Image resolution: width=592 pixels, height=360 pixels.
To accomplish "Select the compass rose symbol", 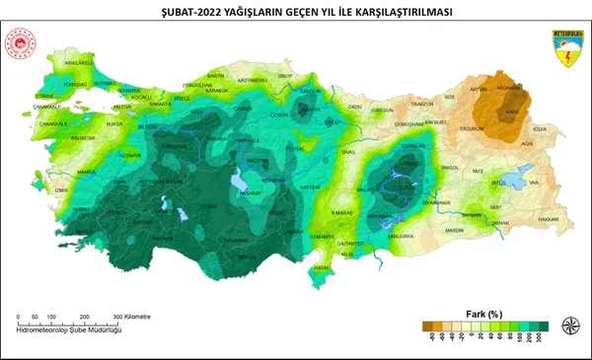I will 570,326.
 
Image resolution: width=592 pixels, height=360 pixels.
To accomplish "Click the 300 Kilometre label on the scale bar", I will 128,317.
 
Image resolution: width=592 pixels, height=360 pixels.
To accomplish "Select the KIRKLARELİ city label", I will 78,62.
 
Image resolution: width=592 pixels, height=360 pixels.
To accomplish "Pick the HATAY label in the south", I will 321,267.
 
